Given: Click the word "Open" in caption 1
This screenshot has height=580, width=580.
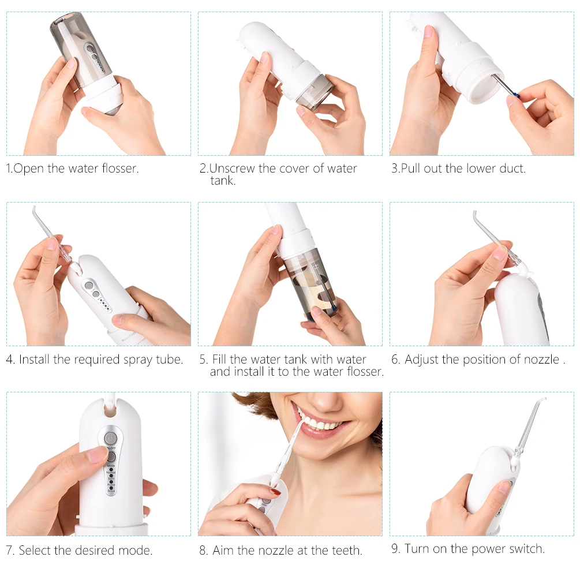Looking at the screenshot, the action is (x=28, y=169).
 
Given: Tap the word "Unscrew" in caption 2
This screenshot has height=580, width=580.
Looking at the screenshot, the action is (x=232, y=169).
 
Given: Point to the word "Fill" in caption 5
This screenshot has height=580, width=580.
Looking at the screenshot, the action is (x=219, y=359).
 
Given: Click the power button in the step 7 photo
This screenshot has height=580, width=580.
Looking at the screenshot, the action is (x=110, y=439).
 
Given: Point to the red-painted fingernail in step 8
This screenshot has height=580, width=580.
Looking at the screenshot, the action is (x=275, y=492).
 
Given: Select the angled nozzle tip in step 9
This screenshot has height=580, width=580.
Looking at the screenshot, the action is (x=541, y=401).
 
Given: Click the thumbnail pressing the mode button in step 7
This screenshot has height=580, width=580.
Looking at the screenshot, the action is (x=98, y=454).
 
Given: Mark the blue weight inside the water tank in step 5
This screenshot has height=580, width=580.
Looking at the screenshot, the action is (x=334, y=308).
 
